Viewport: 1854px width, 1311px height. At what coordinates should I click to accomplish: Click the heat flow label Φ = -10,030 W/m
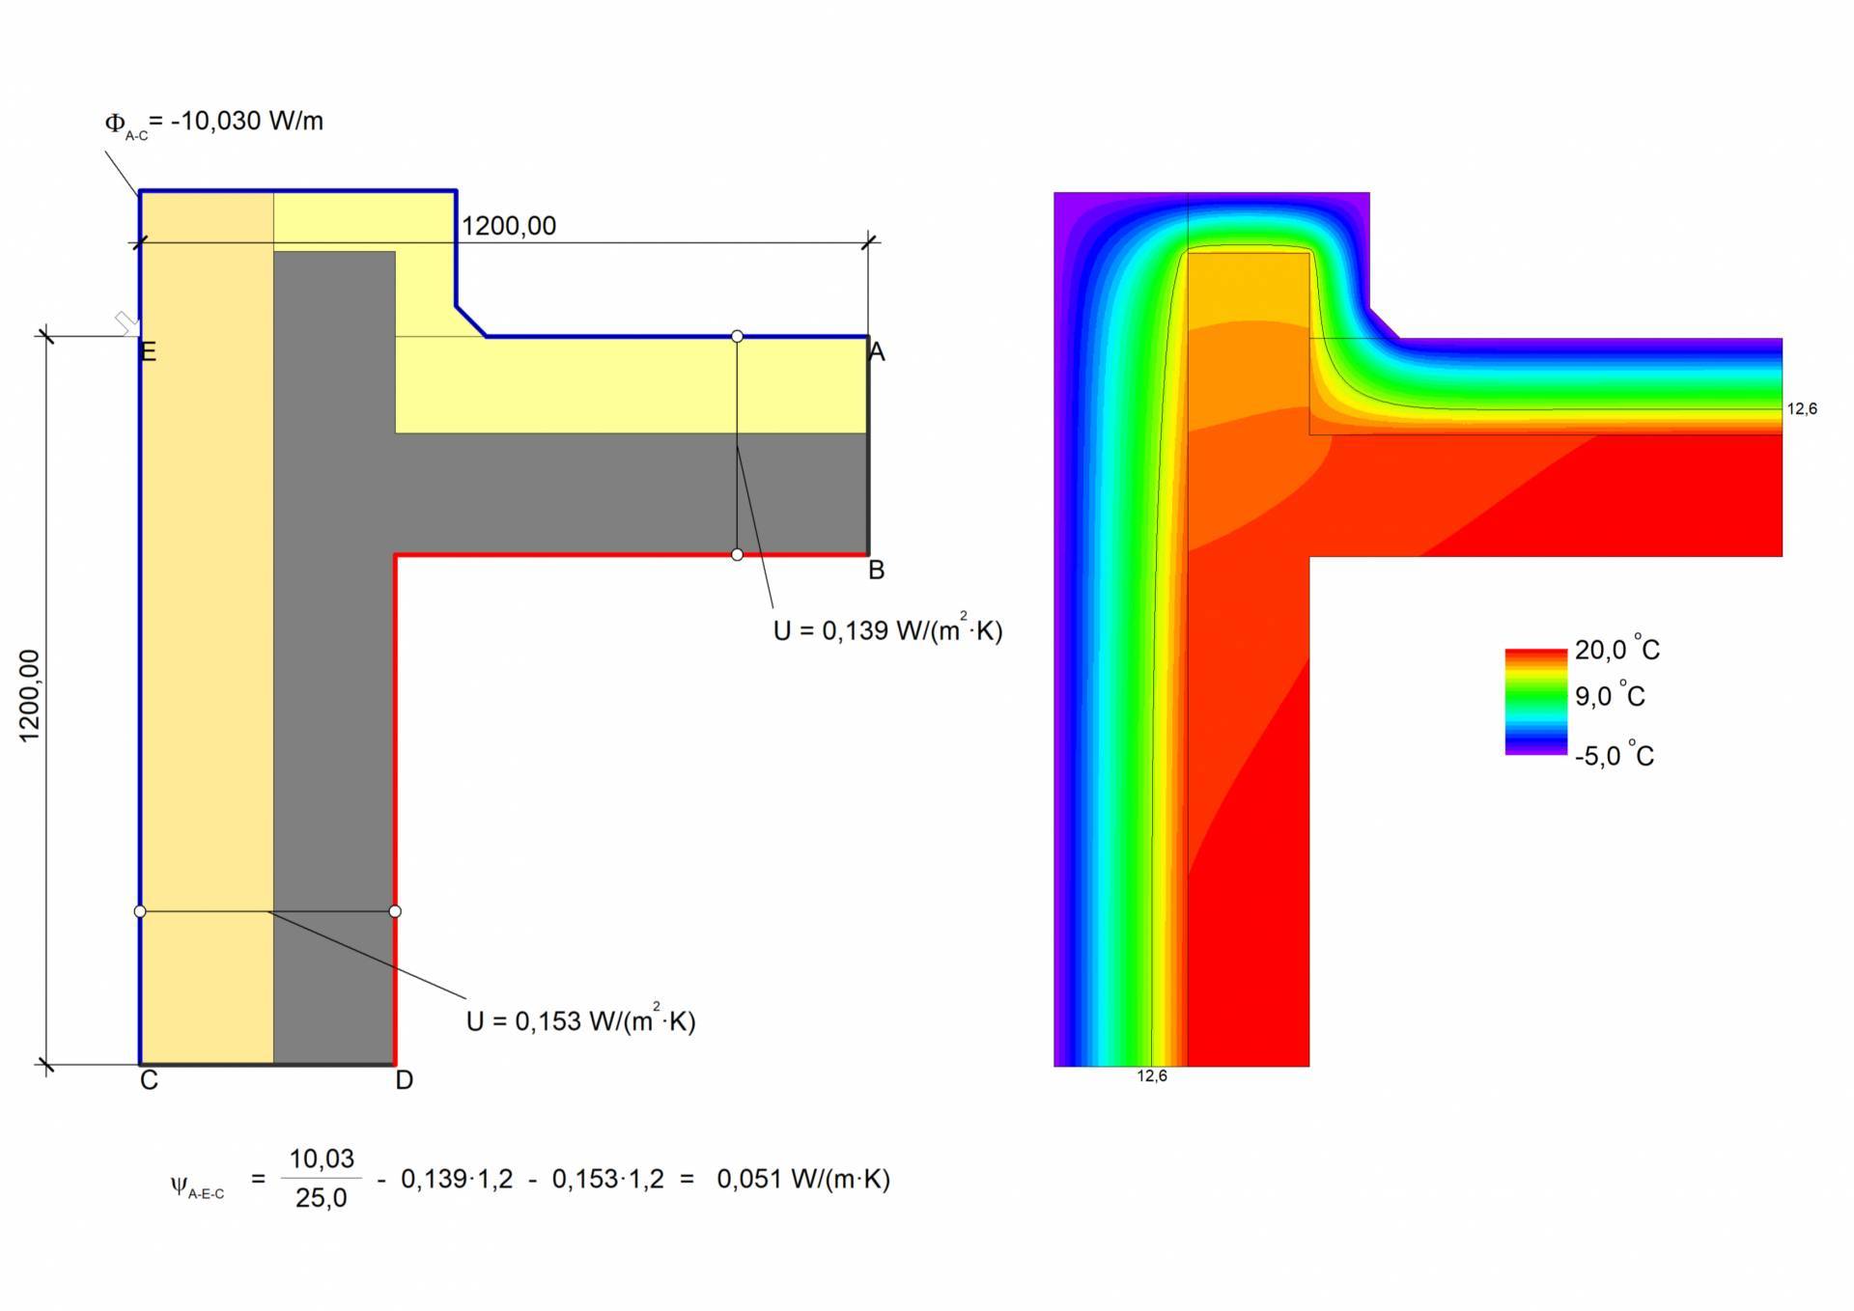(213, 123)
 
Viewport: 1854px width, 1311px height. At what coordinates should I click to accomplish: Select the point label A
(877, 351)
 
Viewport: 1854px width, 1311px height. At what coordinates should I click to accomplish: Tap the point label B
(877, 571)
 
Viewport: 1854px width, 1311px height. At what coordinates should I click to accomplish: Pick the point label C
(149, 1080)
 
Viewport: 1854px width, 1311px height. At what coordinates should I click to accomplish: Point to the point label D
(405, 1080)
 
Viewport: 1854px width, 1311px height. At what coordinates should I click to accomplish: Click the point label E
(148, 351)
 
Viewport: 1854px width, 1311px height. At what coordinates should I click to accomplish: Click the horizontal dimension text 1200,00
(509, 226)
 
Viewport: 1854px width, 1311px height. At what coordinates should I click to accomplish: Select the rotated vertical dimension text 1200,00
(30, 696)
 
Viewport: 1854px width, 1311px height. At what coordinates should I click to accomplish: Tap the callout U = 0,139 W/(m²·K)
(888, 629)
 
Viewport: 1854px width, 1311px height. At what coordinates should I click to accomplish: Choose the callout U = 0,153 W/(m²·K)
(581, 1020)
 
